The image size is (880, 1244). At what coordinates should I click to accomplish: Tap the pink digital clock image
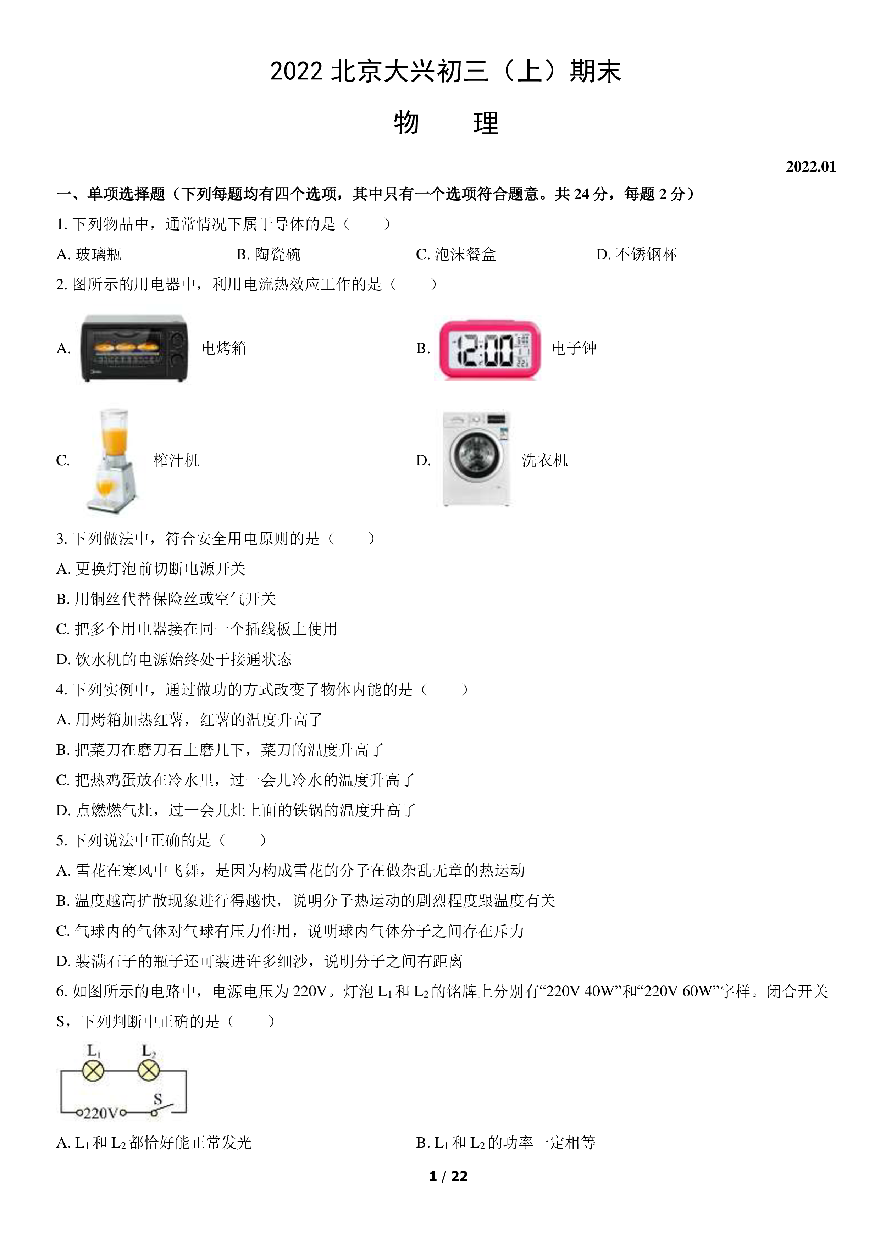click(x=490, y=349)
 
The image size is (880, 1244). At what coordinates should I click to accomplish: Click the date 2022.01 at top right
click(x=810, y=166)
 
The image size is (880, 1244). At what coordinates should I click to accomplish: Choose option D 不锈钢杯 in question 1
click(x=637, y=254)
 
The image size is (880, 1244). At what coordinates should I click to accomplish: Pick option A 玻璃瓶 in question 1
click(x=89, y=254)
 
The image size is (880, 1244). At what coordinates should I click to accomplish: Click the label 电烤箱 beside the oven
click(x=224, y=348)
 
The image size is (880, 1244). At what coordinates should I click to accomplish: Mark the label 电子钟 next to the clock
click(x=574, y=348)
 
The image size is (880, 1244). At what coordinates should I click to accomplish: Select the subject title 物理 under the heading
click(x=446, y=123)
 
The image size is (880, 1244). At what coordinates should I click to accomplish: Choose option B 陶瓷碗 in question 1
click(x=268, y=254)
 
